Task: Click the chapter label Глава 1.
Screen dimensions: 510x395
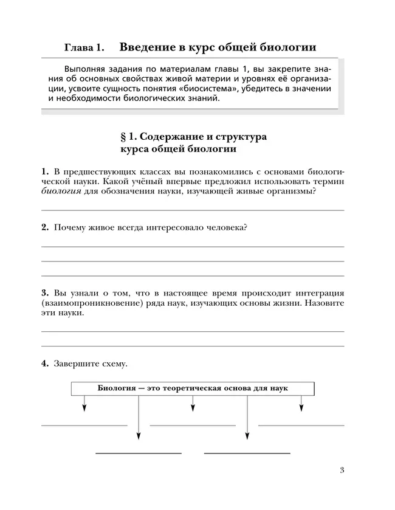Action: pos(84,47)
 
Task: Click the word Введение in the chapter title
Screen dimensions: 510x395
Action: pos(148,47)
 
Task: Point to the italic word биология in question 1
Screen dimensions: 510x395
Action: pos(62,192)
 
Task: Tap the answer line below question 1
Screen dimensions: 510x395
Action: pos(192,210)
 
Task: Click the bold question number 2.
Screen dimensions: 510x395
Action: pos(45,227)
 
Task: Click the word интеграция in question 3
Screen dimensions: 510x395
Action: pos(315,292)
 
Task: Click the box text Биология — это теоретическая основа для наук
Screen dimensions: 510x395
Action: pos(193,388)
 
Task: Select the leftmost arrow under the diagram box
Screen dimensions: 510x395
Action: pos(84,405)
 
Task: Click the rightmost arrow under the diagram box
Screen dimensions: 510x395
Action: pos(301,405)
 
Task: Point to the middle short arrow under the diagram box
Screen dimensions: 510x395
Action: pos(193,405)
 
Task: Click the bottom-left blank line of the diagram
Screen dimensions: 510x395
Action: pos(139,453)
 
